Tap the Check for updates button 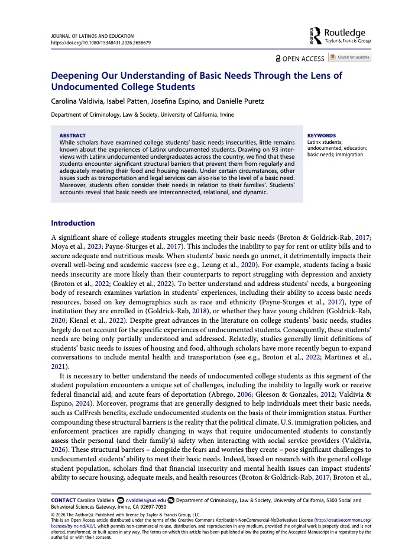[350, 57]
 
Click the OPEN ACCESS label [300, 58]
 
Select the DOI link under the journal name [101, 43]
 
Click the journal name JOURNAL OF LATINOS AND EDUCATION [93, 36]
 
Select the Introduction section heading [73, 223]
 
